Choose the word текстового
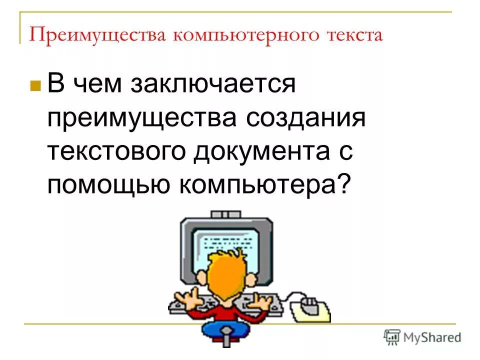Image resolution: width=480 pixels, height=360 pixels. pyautogui.click(x=116, y=152)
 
